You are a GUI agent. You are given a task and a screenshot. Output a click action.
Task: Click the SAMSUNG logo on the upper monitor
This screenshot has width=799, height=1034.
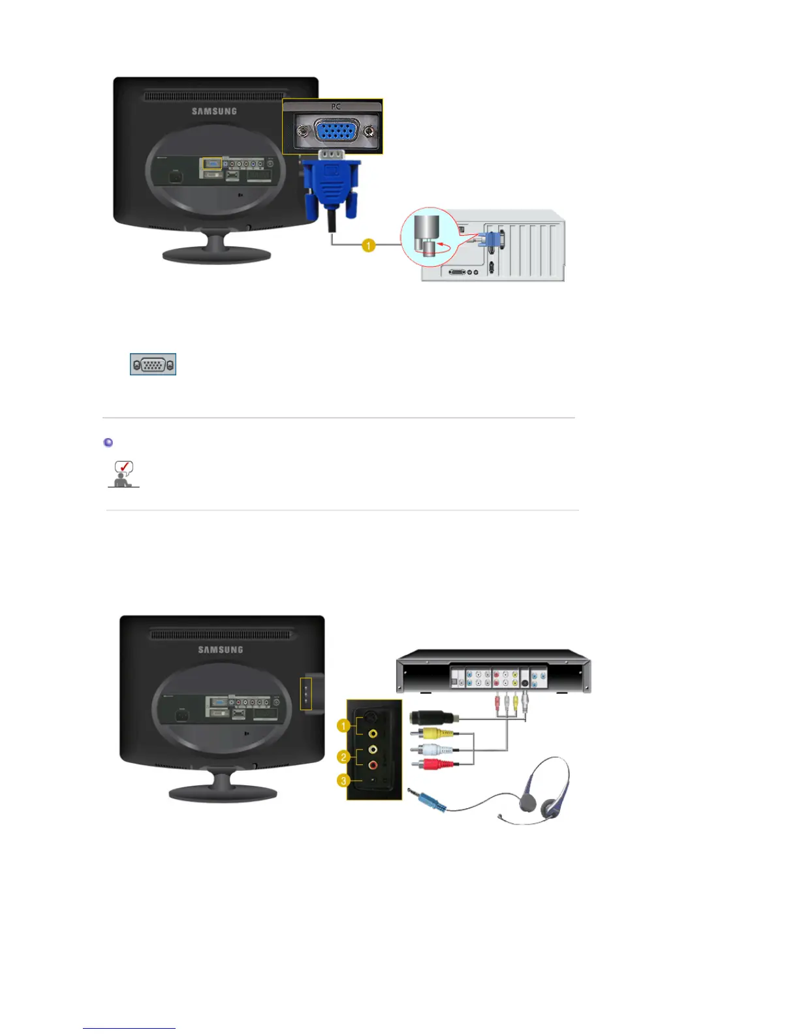tap(214, 112)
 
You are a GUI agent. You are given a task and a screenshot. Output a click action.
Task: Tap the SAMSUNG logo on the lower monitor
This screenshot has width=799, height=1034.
tap(221, 650)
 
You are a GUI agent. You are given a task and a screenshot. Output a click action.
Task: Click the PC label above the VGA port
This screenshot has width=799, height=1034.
tap(336, 106)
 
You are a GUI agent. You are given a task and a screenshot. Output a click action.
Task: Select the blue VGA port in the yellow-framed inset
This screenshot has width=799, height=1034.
tap(336, 131)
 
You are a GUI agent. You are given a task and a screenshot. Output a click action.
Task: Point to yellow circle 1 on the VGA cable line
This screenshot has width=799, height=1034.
tap(369, 245)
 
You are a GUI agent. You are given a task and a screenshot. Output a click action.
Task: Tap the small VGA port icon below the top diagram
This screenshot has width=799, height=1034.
tap(153, 364)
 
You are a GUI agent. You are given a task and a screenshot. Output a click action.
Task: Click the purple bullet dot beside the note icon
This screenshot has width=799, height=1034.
tap(108, 443)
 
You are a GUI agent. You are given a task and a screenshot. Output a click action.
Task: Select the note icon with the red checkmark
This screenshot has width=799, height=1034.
tap(123, 473)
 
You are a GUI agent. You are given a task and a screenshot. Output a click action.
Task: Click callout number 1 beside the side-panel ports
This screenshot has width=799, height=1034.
tap(343, 725)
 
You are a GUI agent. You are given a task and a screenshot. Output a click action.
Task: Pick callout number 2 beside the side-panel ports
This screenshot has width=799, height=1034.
tap(343, 757)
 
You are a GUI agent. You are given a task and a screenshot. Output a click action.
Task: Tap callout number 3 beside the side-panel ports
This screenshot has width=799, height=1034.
tap(343, 780)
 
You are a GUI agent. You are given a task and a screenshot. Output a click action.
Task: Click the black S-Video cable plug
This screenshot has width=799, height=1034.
tap(431, 717)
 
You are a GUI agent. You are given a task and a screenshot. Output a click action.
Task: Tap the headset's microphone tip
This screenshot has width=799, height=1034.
tap(500, 816)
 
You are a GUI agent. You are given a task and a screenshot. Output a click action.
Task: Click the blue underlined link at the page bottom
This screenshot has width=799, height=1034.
tap(129, 1028)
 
